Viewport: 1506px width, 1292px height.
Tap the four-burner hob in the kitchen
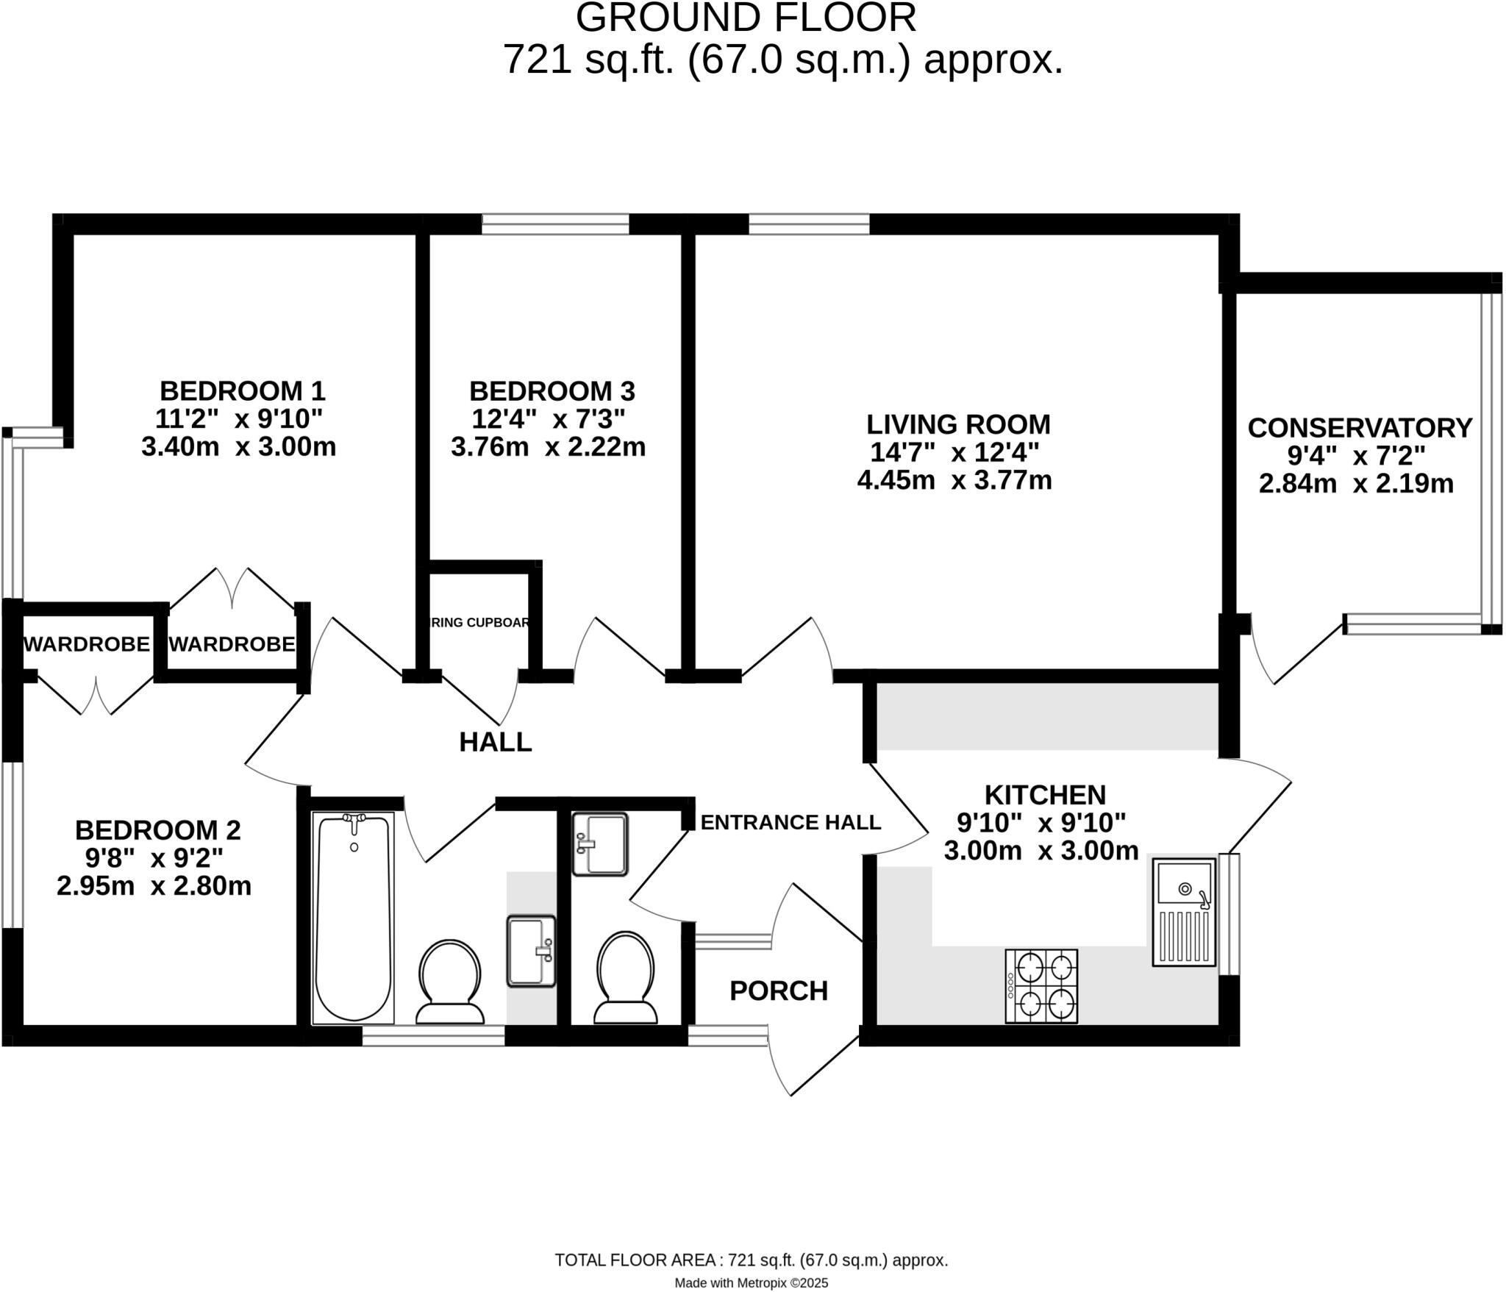point(1041,985)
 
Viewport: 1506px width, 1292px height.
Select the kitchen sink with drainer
point(1184,911)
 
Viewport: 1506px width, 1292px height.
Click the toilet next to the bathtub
point(450,982)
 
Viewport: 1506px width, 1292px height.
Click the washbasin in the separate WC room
point(600,843)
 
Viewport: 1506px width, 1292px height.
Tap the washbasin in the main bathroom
point(531,950)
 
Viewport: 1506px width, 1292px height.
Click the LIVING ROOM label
point(958,424)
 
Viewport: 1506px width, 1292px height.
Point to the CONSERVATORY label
point(1360,427)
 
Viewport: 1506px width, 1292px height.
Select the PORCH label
point(779,991)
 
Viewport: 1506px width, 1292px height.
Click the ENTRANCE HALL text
point(791,822)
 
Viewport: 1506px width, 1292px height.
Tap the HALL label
point(496,742)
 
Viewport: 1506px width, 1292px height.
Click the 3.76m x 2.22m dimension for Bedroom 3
point(548,447)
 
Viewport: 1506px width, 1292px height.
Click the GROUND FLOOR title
point(746,18)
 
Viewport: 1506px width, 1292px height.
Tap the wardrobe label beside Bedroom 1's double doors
point(232,644)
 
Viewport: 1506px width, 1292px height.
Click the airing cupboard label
point(479,623)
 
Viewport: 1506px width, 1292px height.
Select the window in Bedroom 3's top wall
point(555,224)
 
